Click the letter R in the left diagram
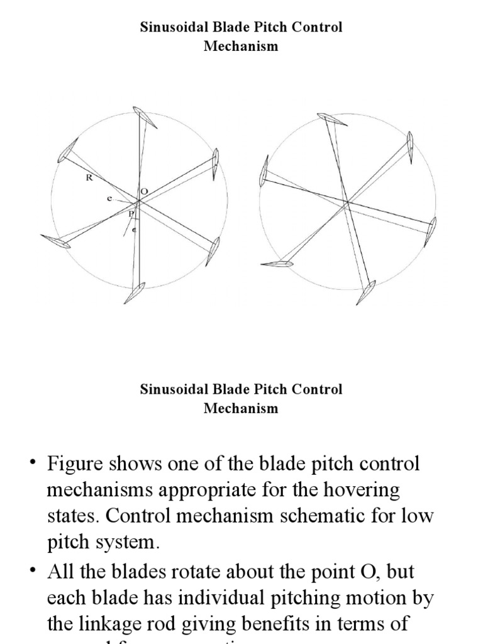pos(89,178)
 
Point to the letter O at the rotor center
pos(144,191)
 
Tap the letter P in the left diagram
pos(131,214)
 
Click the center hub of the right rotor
pos(347,203)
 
